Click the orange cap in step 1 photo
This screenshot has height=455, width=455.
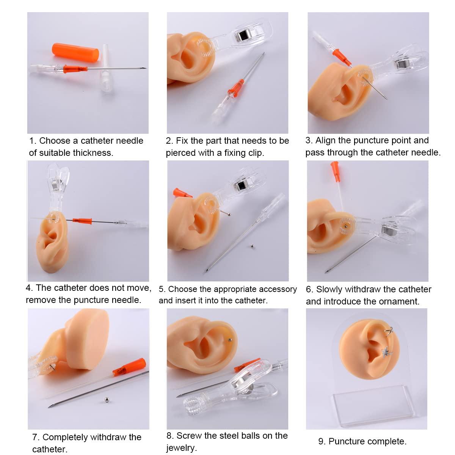(x=75, y=53)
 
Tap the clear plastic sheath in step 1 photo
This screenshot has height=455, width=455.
(x=105, y=68)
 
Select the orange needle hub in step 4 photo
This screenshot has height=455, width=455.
(x=82, y=221)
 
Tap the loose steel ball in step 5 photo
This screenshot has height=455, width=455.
(x=252, y=246)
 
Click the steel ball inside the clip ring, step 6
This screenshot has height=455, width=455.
(x=345, y=226)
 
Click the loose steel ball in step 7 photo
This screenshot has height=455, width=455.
(x=107, y=400)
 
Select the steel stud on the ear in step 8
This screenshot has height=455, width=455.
(x=229, y=340)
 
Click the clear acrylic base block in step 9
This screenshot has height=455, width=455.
(x=373, y=405)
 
